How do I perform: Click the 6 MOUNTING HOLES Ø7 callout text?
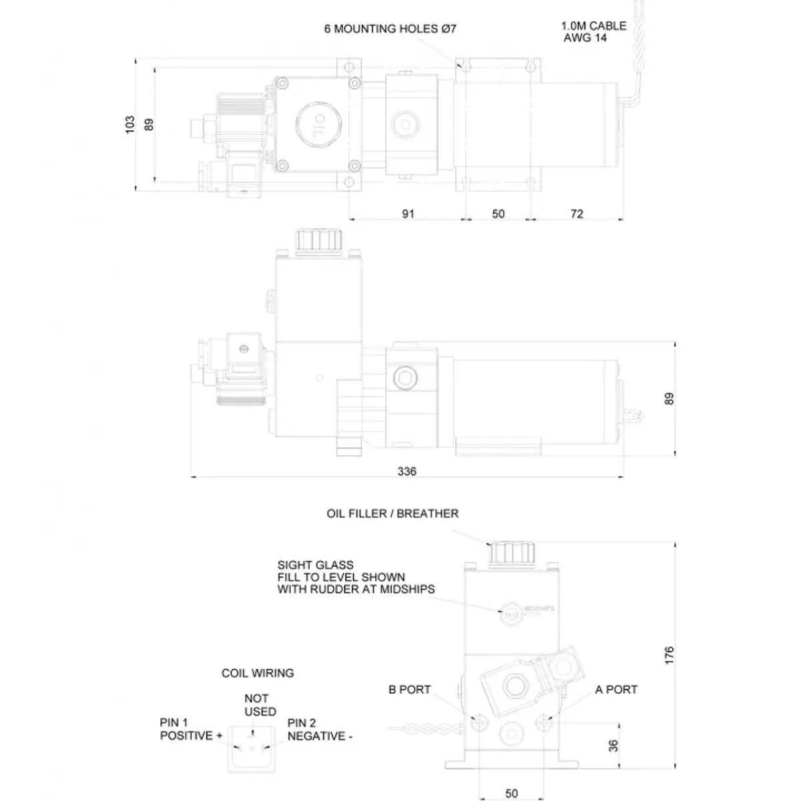(390, 29)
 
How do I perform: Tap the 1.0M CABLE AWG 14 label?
(593, 31)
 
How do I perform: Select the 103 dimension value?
(129, 124)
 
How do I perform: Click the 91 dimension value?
(408, 214)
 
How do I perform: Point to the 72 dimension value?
(577, 214)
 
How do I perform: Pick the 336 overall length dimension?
(407, 471)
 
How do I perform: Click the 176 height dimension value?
(669, 655)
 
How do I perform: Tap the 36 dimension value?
(613, 746)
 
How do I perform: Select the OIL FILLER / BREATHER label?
(392, 513)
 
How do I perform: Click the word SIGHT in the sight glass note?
(294, 565)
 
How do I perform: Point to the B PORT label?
(409, 689)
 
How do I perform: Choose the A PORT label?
(616, 689)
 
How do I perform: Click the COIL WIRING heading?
(258, 673)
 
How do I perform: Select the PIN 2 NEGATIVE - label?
(320, 730)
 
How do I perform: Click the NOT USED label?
(260, 705)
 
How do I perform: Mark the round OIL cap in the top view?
(318, 125)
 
